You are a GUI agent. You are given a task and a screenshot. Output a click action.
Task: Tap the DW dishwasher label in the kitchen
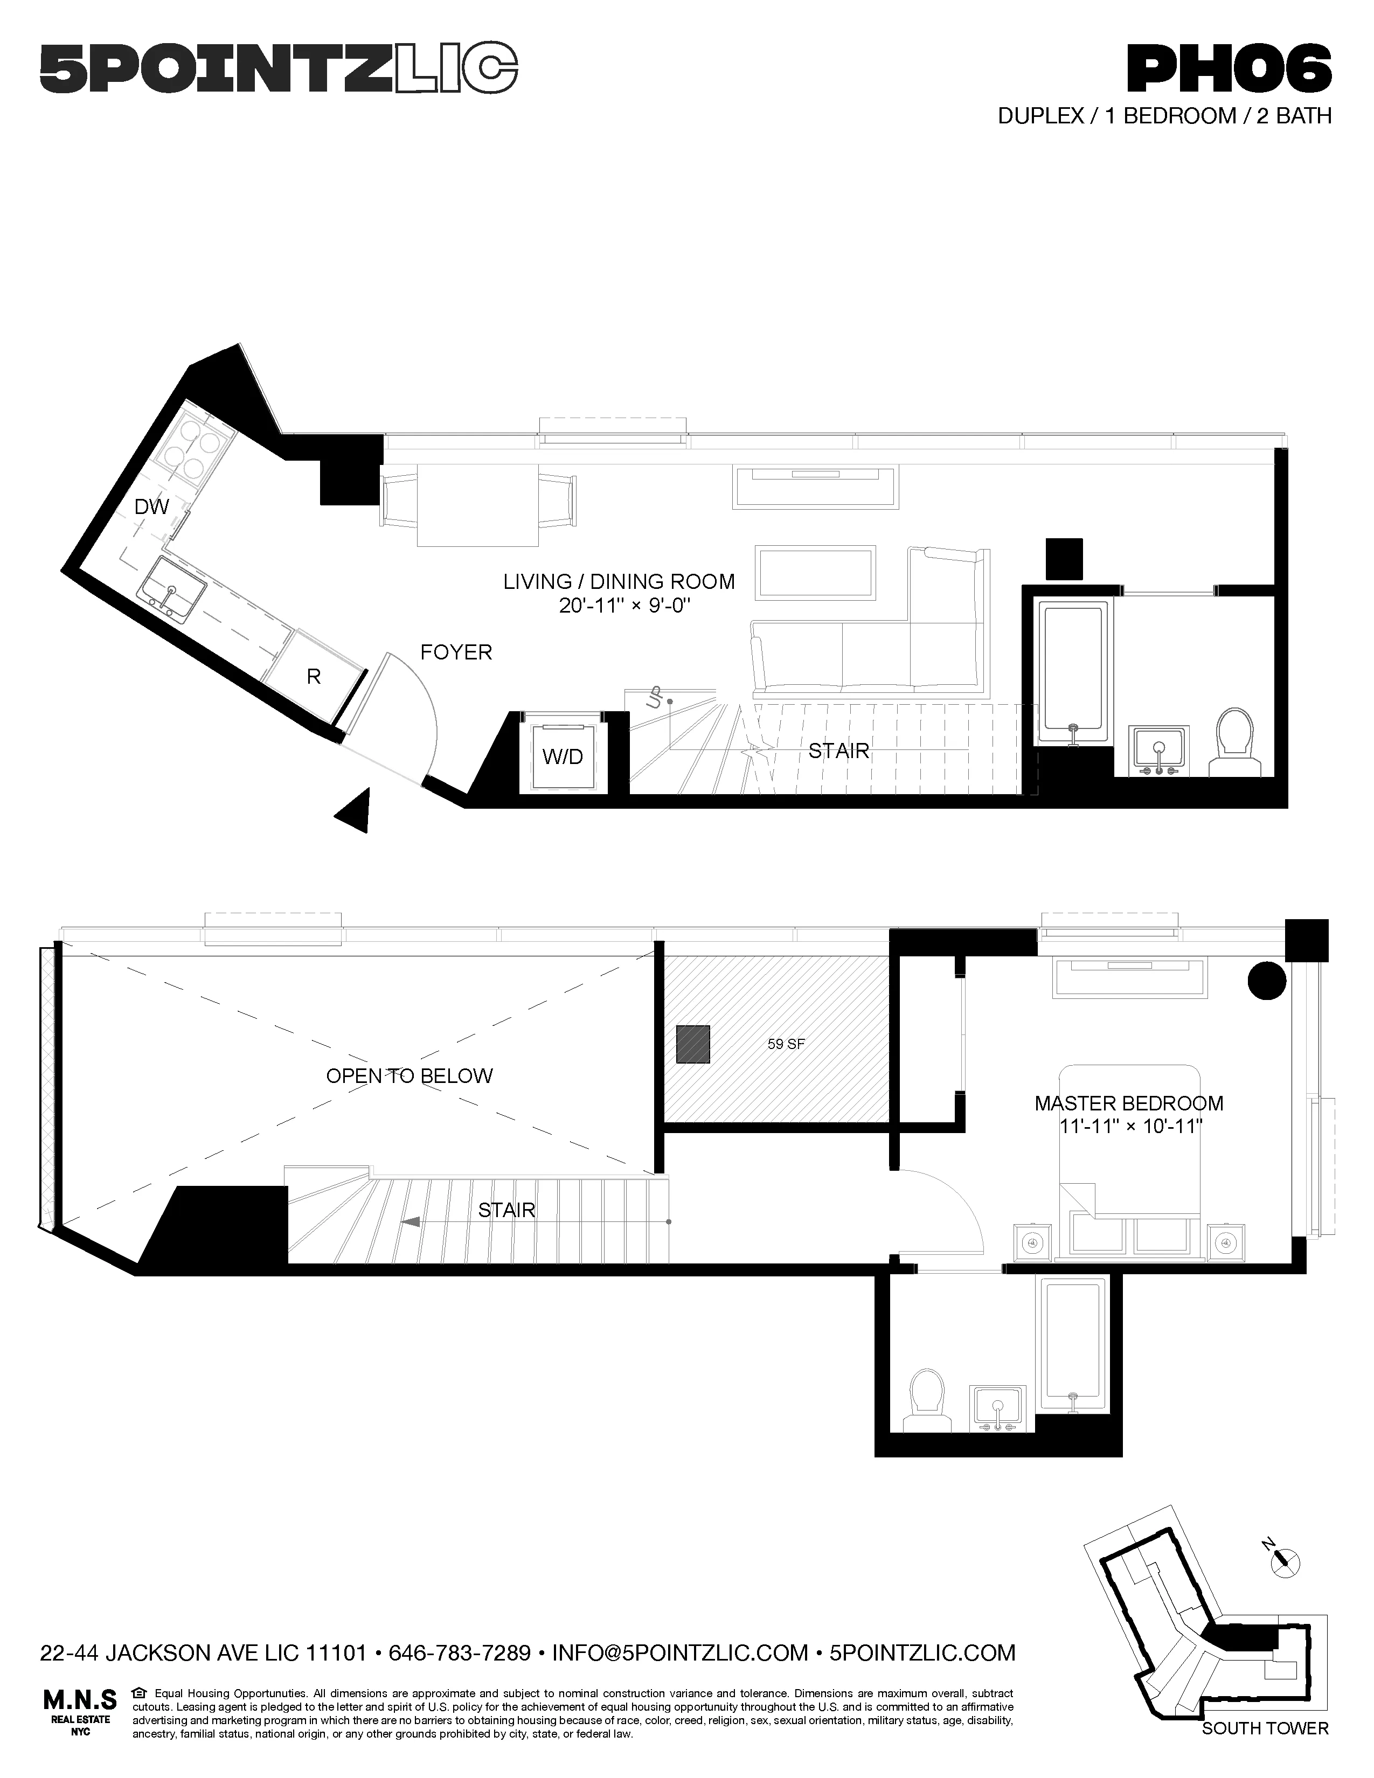click(151, 507)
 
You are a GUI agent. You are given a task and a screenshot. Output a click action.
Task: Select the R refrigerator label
click(314, 677)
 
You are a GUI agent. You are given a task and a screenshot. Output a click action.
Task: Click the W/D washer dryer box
click(563, 757)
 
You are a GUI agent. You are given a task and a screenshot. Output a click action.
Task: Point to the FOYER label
click(456, 652)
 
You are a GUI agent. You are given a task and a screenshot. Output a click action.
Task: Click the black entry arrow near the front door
click(355, 810)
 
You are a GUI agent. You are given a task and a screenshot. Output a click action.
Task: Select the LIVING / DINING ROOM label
click(619, 582)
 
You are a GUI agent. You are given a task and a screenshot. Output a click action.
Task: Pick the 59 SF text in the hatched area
click(786, 1044)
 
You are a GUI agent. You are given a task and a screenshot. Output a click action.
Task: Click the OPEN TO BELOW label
click(410, 1076)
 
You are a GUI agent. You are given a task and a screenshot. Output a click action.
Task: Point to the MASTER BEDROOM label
click(1129, 1104)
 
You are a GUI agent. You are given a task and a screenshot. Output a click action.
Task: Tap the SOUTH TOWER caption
click(1265, 1722)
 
